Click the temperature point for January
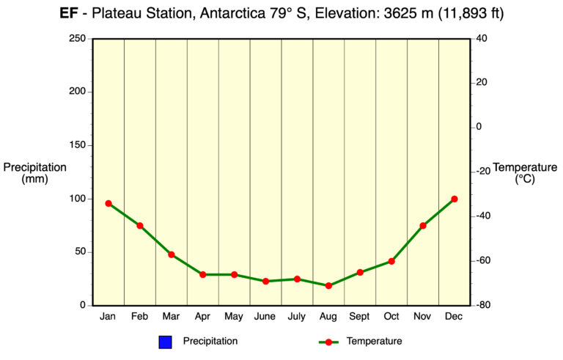point(108,203)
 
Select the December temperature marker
point(455,199)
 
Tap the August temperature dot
point(328,286)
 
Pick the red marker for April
point(203,274)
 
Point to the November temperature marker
point(423,226)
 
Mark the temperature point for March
point(172,254)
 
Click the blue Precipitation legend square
point(165,342)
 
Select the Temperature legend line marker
point(328,342)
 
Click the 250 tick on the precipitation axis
point(78,39)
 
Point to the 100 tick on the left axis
point(78,199)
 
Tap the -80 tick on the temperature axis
point(482,305)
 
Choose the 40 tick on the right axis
point(481,39)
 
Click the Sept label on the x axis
point(360,317)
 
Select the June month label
point(265,317)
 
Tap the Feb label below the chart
point(140,317)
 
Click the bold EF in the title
point(69,13)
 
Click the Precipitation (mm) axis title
point(34,173)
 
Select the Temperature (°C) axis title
point(525,173)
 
